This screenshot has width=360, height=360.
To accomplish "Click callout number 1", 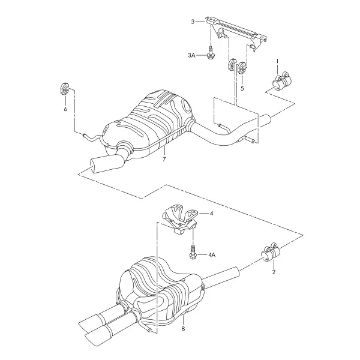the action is [x=277, y=61].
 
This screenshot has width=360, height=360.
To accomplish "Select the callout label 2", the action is [x=274, y=272].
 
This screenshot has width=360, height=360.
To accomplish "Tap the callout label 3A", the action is [x=191, y=55].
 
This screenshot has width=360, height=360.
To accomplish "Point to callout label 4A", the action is [x=212, y=254].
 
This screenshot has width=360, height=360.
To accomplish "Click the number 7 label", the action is [x=164, y=159].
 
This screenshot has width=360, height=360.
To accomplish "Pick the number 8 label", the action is [x=183, y=329].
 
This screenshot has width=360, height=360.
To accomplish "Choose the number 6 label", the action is [x=65, y=109].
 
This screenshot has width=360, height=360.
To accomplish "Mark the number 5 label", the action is [x=242, y=88].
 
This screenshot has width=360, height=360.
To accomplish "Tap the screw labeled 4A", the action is [x=193, y=252].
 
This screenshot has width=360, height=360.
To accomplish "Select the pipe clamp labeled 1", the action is [x=282, y=81].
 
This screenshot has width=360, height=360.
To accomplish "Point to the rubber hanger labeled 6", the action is [x=65, y=88].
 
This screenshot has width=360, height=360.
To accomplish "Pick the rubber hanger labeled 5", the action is [x=242, y=68].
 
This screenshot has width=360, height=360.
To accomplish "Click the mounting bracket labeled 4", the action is [x=180, y=219].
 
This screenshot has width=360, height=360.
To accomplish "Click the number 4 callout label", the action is [x=211, y=213].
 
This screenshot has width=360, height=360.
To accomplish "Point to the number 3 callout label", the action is [x=193, y=22].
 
